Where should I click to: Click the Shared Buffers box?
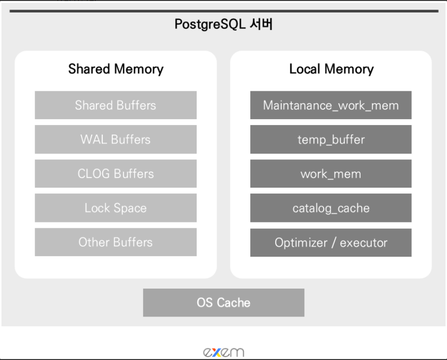click(115, 105)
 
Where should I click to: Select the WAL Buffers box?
click(115, 139)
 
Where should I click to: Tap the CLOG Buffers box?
click(115, 174)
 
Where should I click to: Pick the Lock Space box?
click(115, 208)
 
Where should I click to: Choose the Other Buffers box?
click(115, 242)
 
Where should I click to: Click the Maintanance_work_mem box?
click(331, 105)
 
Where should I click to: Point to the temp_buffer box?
click(331, 139)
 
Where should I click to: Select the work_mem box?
click(331, 174)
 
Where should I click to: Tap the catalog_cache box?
click(331, 208)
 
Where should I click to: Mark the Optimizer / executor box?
click(331, 242)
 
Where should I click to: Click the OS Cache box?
click(223, 303)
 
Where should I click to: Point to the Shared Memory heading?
click(116, 69)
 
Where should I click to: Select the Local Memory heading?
click(331, 69)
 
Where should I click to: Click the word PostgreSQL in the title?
click(210, 25)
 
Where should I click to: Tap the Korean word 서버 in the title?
click(261, 25)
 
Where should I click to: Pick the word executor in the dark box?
click(364, 242)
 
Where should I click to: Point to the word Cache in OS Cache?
click(233, 303)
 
